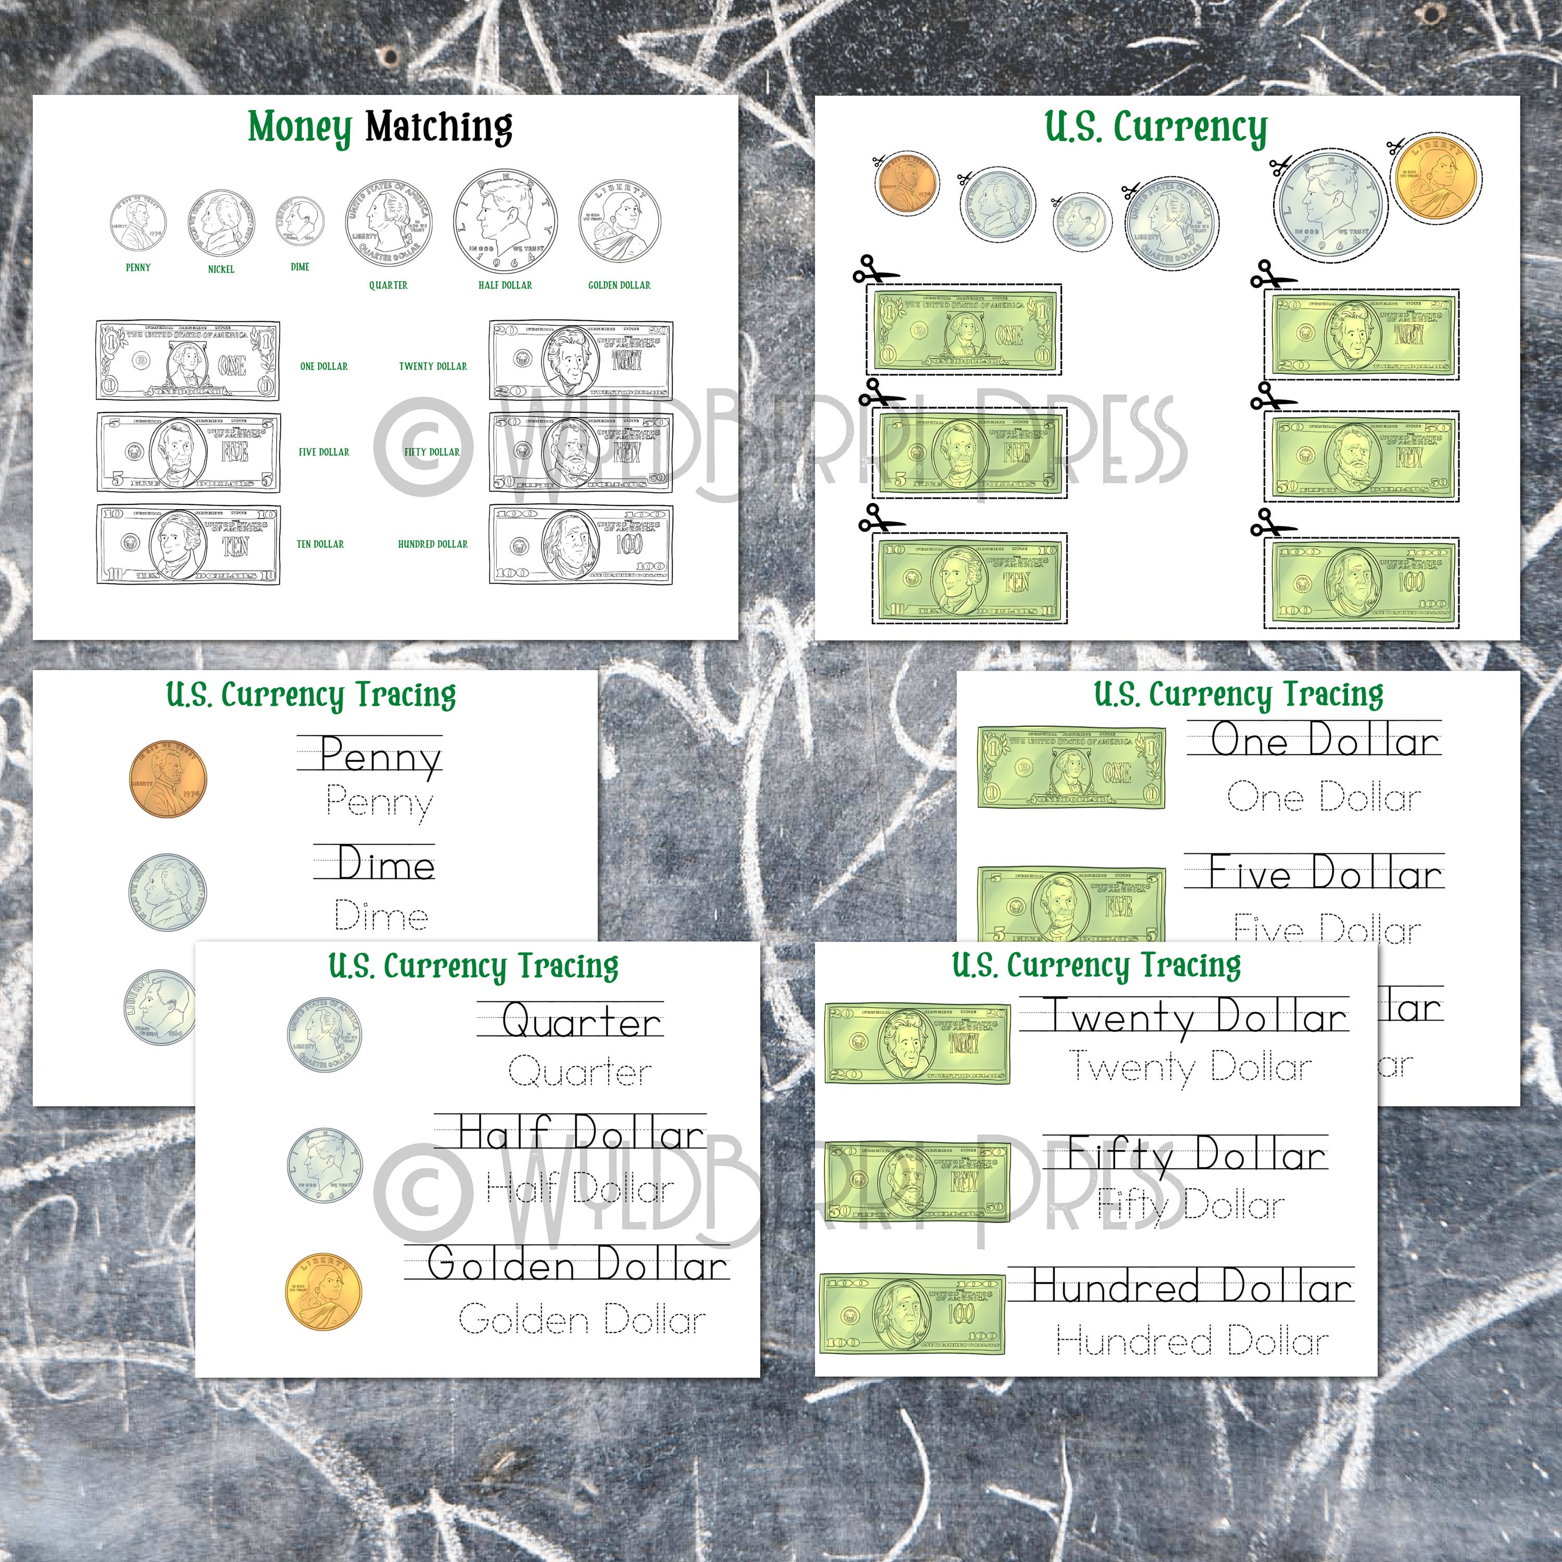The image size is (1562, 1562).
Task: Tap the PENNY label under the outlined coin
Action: coord(138,267)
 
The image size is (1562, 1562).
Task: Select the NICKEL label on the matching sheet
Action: coord(221,269)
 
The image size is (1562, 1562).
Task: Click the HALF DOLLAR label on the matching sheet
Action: coord(505,285)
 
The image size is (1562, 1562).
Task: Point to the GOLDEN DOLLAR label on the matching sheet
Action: coord(619,285)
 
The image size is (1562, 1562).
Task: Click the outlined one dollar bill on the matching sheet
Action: coord(188,360)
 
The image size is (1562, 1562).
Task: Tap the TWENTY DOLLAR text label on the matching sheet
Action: coord(433,366)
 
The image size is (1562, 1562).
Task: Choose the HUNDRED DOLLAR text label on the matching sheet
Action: coord(433,544)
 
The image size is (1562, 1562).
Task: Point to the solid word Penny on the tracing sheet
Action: coord(380,756)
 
